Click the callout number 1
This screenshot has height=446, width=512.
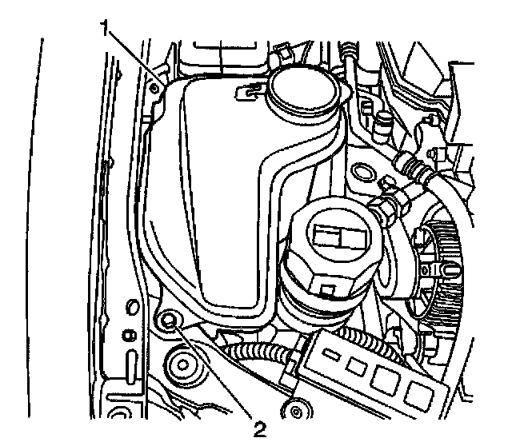105,29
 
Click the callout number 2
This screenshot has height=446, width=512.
258,430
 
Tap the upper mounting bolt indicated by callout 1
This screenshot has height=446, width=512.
155,88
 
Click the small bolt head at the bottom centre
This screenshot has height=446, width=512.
298,411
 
